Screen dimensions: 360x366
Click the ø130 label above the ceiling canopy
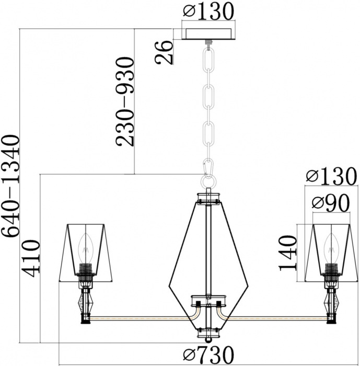208,11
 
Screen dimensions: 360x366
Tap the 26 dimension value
164,52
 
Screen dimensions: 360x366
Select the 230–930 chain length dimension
125,102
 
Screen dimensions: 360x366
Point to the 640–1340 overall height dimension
10,186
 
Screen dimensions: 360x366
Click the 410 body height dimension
30,258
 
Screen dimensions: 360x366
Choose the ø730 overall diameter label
208,354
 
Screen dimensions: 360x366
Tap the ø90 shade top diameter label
331,203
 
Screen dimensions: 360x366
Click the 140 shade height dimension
288,253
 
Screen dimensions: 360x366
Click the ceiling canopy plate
208,34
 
